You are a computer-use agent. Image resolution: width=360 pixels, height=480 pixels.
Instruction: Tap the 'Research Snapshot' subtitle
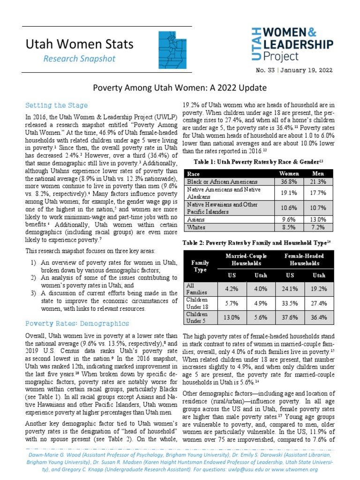pyautogui.click(x=79, y=59)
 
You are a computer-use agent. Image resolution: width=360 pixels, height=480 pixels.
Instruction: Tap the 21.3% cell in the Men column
pyautogui.click(x=318, y=181)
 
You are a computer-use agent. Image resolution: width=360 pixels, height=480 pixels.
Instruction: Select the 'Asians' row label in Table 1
pyautogui.click(x=196, y=218)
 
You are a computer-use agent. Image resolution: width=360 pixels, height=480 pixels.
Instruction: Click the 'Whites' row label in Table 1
pyautogui.click(x=196, y=227)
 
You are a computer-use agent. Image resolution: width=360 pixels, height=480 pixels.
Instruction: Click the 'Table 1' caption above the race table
pyautogui.click(x=258, y=162)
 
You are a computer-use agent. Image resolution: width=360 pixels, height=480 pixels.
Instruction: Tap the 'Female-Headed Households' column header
pyautogui.click(x=302, y=259)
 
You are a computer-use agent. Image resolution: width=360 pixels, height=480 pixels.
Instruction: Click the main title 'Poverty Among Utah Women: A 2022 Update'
pyautogui.click(x=180, y=88)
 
